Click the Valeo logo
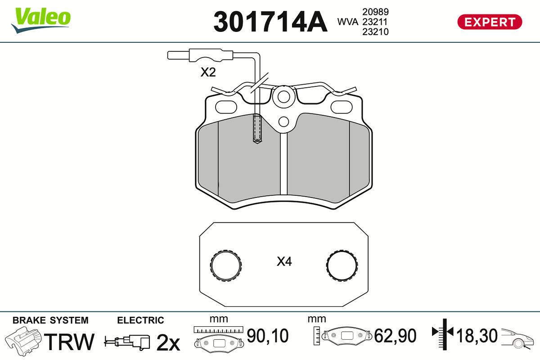pos(41,20)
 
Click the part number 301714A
pos(270,22)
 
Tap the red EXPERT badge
pos(490,22)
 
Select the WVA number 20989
pos(376,12)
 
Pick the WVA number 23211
pos(375,22)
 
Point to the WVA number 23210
pos(376,32)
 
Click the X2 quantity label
pos(208,72)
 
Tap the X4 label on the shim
pos(284,261)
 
